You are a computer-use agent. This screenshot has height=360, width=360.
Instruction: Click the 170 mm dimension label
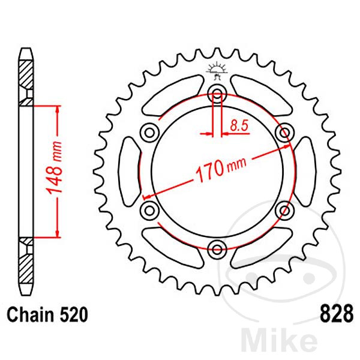(x=221, y=169)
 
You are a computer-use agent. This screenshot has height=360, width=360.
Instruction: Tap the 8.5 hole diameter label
(x=239, y=126)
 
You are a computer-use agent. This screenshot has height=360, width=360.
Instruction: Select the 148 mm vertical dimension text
(x=54, y=167)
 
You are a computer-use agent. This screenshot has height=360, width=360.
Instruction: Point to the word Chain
(x=31, y=314)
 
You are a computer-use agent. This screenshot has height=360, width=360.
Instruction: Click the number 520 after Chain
(x=74, y=314)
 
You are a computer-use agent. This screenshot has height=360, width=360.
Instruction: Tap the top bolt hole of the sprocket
(x=217, y=94)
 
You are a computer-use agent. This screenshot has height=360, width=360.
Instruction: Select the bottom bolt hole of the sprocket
(x=217, y=249)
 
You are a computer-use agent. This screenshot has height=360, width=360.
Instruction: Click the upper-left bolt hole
(x=149, y=133)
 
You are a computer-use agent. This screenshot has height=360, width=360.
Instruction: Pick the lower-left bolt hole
(x=149, y=211)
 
